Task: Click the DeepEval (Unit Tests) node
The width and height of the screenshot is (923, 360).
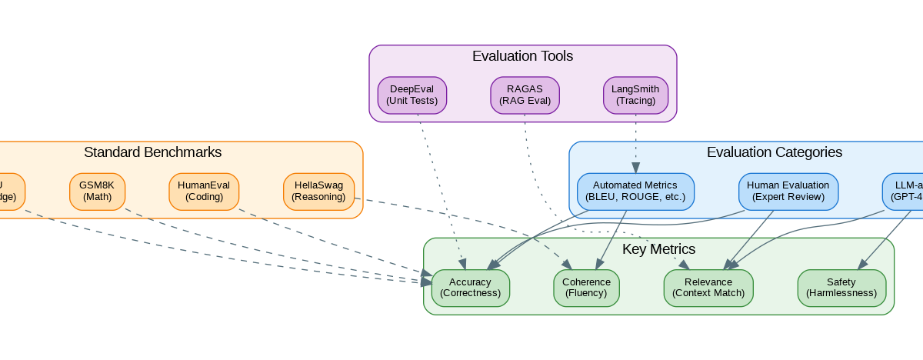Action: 412,95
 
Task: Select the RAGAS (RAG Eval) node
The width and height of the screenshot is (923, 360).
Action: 525,95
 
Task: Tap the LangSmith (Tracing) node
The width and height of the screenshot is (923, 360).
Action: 635,95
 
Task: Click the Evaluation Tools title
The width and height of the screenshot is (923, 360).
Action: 522,56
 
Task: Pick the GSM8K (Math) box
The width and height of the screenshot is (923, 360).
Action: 97,191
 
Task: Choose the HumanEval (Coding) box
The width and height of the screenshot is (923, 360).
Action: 204,191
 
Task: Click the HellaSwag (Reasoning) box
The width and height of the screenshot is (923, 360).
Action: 318,191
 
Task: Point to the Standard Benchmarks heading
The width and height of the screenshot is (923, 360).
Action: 152,152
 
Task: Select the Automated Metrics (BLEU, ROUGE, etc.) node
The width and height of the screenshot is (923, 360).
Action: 635,191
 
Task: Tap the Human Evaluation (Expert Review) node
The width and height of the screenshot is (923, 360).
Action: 788,191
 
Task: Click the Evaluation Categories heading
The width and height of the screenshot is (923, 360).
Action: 775,152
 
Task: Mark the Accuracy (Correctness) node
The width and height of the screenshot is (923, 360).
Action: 470,288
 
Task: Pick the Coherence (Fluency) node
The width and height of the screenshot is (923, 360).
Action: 586,288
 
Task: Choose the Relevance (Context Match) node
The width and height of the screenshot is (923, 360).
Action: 708,288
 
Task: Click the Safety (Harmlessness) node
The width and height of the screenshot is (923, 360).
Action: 841,288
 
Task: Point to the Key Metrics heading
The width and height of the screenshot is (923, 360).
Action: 658,249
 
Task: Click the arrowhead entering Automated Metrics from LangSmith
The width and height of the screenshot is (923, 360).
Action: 635,168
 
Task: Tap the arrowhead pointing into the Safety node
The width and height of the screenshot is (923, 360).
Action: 862,265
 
